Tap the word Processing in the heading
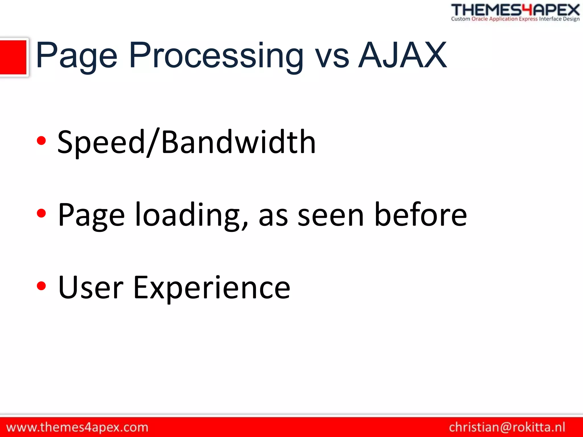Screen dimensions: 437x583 [x=216, y=56]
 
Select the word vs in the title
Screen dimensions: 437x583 [x=332, y=59]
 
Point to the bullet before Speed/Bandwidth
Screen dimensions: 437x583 [x=41, y=141]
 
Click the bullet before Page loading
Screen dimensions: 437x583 [x=41, y=213]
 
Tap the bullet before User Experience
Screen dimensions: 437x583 [x=41, y=286]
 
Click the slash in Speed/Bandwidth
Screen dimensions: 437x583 [x=153, y=142]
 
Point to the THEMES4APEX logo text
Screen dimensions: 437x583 [x=515, y=10]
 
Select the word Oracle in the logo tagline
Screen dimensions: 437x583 [x=480, y=19]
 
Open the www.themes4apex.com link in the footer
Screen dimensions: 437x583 [x=77, y=427]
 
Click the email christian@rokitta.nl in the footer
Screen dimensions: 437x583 [x=507, y=427]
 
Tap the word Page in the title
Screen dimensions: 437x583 [x=77, y=56]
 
